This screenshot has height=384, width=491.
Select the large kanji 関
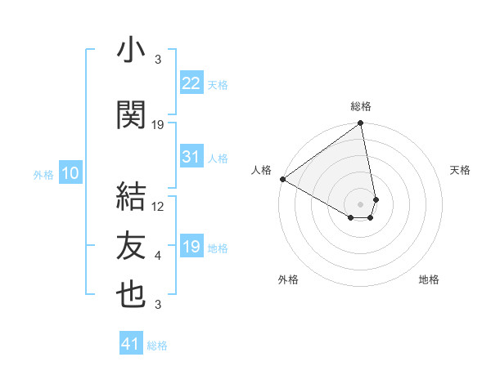point(130,115)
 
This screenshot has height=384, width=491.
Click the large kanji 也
point(130,295)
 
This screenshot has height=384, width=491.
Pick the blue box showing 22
point(191,83)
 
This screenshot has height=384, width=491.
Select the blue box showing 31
point(191,157)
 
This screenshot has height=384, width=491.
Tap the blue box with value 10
point(70,173)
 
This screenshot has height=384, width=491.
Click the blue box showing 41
point(131,344)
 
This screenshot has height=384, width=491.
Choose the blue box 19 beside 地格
point(191,247)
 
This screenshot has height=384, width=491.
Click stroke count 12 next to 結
point(158,207)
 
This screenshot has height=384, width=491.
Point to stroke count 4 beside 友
point(158,256)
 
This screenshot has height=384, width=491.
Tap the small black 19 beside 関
point(158,125)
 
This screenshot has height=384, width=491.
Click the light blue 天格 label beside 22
point(218,84)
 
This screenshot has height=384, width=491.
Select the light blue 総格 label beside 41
point(157,346)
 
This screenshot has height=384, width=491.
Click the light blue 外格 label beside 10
point(43,174)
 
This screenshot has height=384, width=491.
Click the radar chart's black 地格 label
point(429,279)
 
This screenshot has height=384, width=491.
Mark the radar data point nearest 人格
point(282,179)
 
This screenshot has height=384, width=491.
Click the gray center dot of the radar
point(360,203)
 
